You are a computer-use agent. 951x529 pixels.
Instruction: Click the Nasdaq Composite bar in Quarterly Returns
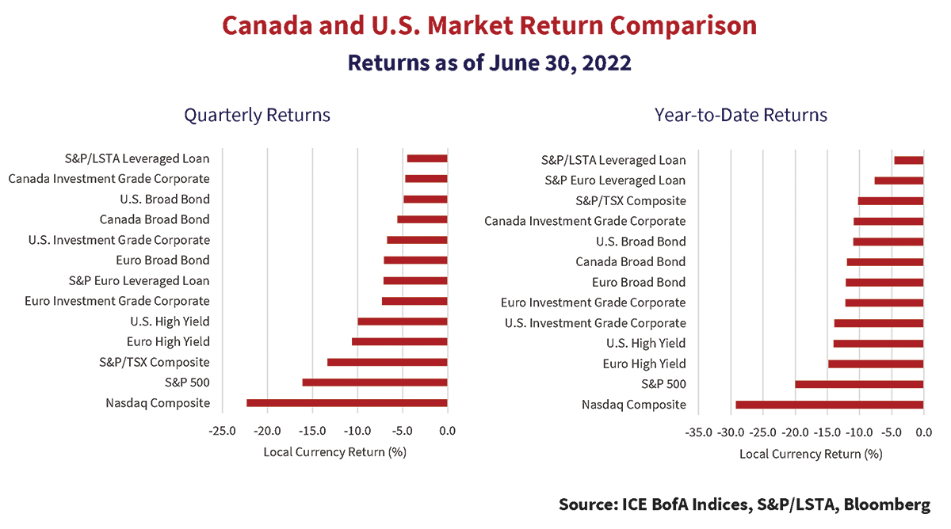point(347,403)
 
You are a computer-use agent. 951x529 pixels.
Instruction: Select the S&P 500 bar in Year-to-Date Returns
point(859,384)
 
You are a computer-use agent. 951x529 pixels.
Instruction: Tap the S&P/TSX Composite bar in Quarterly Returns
point(388,362)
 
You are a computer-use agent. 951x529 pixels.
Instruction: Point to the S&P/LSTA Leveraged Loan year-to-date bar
point(909,160)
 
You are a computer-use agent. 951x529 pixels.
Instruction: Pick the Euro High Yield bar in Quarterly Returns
point(399,342)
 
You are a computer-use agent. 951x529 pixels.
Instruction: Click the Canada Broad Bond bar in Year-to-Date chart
point(885,262)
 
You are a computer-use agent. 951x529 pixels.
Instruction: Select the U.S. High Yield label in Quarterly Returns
point(170,322)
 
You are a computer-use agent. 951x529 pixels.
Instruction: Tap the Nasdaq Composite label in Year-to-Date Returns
point(634,405)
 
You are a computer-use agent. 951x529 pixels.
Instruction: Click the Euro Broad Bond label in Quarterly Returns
point(163,260)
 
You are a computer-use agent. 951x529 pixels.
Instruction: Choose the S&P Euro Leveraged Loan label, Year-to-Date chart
point(615,181)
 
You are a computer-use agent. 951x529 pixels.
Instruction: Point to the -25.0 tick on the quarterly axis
point(222,431)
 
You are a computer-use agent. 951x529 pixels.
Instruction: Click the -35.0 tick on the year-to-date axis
point(698,432)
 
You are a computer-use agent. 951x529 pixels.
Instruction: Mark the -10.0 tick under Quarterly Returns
point(357,431)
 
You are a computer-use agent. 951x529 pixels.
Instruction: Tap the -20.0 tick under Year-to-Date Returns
point(795,432)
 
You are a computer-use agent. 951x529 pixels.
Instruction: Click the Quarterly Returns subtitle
point(258,115)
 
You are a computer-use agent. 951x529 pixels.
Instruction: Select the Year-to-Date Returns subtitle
point(741,115)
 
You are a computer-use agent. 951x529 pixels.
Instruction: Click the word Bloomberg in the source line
point(887,504)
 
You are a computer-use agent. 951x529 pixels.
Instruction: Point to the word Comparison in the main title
point(683,25)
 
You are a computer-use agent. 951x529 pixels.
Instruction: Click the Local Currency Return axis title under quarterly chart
point(335,452)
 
